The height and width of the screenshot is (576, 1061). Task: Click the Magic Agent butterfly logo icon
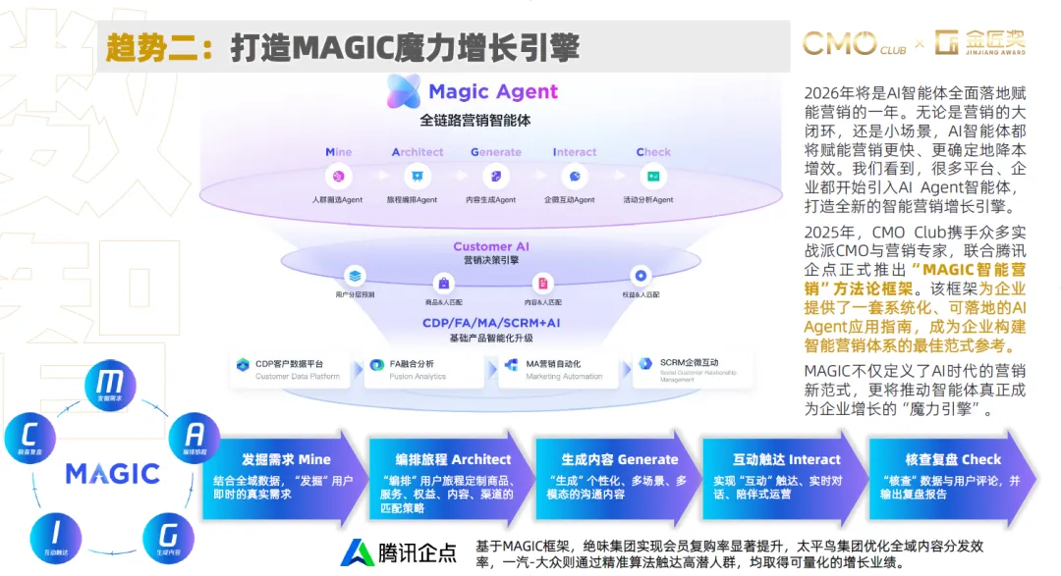(404, 91)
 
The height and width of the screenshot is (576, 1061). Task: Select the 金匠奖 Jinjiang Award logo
(981, 42)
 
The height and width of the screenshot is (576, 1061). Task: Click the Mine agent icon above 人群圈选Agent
(338, 177)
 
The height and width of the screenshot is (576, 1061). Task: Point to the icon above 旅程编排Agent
(417, 177)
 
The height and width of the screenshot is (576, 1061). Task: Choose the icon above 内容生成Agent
(495, 177)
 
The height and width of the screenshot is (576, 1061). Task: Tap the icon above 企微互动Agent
(574, 177)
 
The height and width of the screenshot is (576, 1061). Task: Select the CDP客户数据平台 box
(292, 369)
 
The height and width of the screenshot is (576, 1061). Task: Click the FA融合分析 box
(423, 369)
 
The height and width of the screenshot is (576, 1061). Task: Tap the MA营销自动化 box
(557, 369)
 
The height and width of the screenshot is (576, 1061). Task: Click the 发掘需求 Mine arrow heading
(272, 459)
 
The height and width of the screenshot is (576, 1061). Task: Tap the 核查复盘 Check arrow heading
(953, 459)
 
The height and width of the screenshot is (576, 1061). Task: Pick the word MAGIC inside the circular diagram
(112, 473)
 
